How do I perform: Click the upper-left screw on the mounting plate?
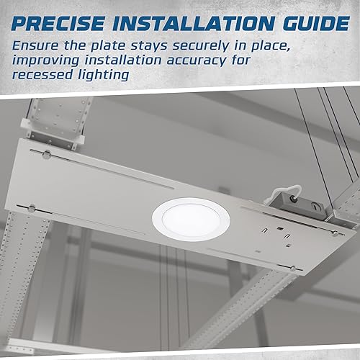point(46,155)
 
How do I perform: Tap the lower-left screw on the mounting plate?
point(32,209)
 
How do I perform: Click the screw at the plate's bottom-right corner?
point(293,268)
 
